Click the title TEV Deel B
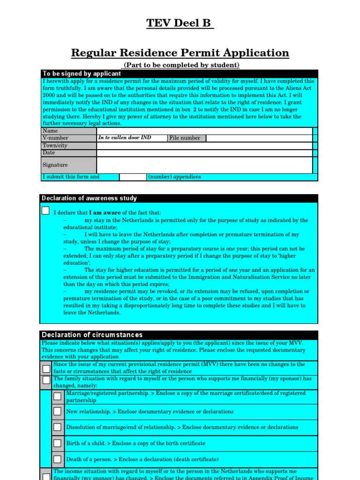coord(180,23)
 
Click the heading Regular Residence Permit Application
coord(180,53)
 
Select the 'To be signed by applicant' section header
coord(82,74)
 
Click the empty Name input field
coord(204,131)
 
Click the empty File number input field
coord(259,138)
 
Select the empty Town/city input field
coord(204,146)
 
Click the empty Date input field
coord(204,153)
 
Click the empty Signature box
coord(204,165)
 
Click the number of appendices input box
coord(133,177)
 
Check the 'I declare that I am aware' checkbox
coord(45,210)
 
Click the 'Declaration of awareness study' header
coord(89,198)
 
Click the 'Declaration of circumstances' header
coord(92,335)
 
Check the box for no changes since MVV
coord(46,368)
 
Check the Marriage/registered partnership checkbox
coord(57,397)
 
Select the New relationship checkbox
coord(57,412)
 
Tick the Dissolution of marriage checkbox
coord(57,427)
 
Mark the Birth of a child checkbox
coord(57,443)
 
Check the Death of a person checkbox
coord(57,459)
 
